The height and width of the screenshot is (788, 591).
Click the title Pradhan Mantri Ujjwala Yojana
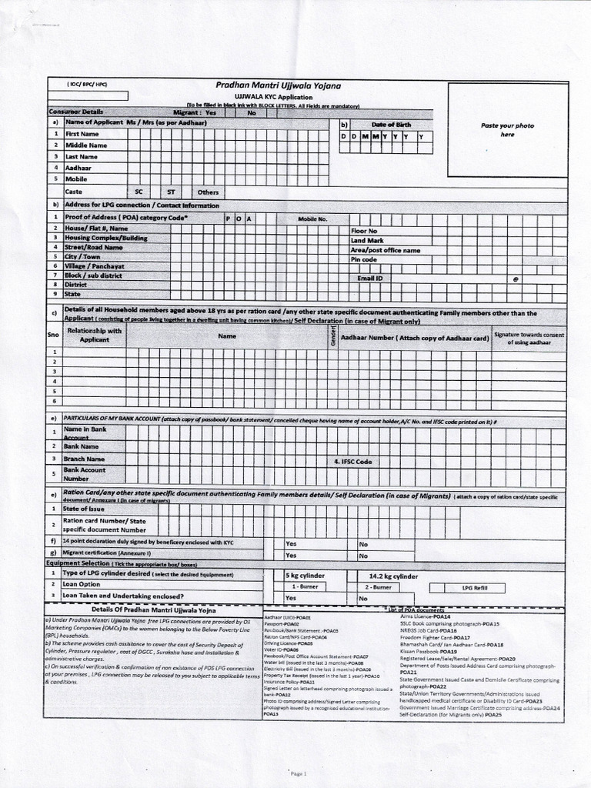pyautogui.click(x=278, y=86)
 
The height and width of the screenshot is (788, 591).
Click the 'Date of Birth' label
pyautogui.click(x=391, y=125)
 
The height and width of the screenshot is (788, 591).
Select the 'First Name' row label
pyautogui.click(x=82, y=134)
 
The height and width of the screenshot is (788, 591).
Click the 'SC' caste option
pyautogui.click(x=139, y=192)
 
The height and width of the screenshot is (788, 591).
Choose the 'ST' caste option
pyautogui.click(x=171, y=192)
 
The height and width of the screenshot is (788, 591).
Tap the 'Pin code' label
pyautogui.click(x=364, y=260)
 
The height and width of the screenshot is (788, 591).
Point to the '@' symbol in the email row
pyautogui.click(x=516, y=279)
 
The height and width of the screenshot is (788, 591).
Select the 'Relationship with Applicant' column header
pyautogui.click(x=95, y=335)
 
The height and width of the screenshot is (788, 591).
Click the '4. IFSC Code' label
pyautogui.click(x=352, y=461)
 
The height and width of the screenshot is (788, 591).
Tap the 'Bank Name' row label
pyautogui.click(x=82, y=446)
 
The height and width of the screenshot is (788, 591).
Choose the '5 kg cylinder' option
pyautogui.click(x=306, y=576)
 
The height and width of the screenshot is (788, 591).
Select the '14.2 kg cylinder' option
pyautogui.click(x=393, y=576)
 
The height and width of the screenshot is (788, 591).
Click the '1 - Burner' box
pyautogui.click(x=306, y=587)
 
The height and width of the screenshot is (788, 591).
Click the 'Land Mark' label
pyautogui.click(x=366, y=241)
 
